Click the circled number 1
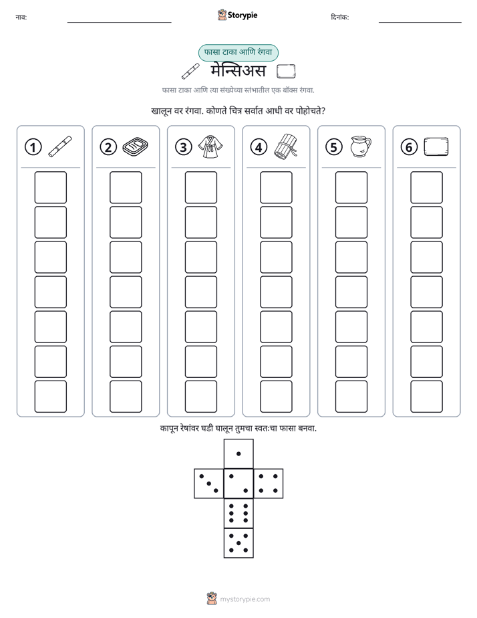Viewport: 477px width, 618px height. (x=33, y=147)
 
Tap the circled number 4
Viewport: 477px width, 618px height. (x=259, y=147)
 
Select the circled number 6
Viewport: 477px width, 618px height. (x=409, y=147)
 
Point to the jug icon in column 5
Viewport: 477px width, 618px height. (x=361, y=146)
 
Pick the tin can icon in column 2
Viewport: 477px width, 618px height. (x=136, y=146)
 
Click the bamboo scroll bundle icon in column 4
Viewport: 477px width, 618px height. (x=285, y=146)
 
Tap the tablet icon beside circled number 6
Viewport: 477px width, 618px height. (x=436, y=147)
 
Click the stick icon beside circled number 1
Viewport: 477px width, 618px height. (x=60, y=146)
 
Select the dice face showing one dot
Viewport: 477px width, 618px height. (x=238, y=454)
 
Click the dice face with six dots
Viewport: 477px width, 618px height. (x=238, y=513)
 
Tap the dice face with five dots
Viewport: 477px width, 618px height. (x=238, y=543)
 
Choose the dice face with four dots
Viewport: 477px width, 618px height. (x=269, y=484)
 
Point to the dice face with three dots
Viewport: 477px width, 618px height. (x=208, y=484)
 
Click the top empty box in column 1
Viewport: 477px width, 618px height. (x=50, y=187)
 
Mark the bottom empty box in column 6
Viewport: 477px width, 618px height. (x=427, y=397)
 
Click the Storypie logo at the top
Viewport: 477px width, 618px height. (x=237, y=15)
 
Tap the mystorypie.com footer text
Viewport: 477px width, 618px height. (x=245, y=599)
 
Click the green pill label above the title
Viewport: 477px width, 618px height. (x=238, y=52)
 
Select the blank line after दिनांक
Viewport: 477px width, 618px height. (x=420, y=23)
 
